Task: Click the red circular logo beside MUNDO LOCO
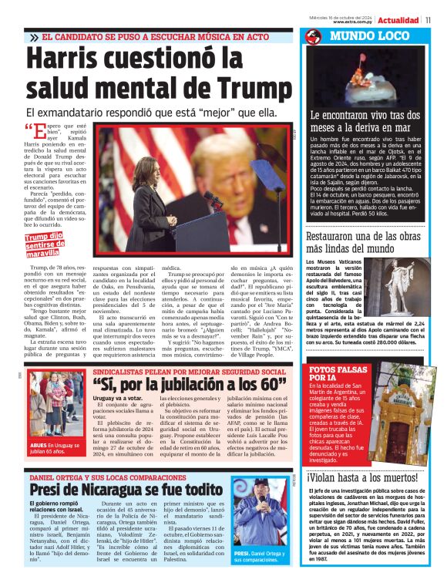(313, 36)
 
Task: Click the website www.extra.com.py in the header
(353, 22)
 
